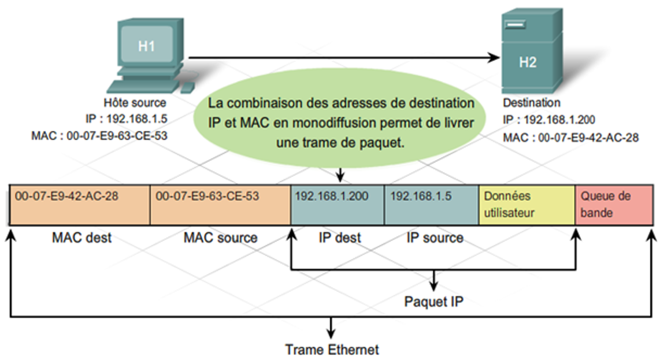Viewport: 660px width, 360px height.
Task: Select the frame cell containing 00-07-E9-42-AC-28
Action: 80,205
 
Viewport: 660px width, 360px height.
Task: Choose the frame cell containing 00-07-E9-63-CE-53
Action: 220,205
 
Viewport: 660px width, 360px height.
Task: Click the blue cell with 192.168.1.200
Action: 338,205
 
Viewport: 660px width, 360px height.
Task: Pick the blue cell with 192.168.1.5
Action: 432,205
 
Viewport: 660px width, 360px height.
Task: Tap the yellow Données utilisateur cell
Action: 527,205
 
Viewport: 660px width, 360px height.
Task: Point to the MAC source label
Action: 220,237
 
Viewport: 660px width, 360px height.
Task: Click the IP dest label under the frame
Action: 339,237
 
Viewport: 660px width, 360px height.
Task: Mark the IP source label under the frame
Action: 435,237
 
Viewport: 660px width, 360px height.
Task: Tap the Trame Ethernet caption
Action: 332,350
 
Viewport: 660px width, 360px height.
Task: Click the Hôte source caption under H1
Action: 134,103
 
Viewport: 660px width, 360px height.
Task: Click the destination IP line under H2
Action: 549,120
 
